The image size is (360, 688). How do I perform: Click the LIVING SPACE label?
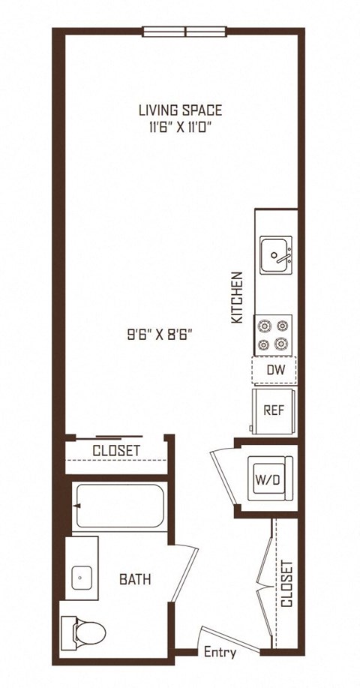click(x=180, y=110)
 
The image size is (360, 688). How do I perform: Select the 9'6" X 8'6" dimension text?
click(x=160, y=335)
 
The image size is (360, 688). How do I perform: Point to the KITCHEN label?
click(x=237, y=298)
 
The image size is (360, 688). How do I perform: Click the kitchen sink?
click(x=276, y=255)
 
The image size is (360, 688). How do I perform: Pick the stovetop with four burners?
click(x=273, y=335)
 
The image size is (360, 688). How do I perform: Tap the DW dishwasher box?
click(x=274, y=371)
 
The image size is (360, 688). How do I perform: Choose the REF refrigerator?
click(x=274, y=411)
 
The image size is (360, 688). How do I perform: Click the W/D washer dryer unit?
click(x=270, y=479)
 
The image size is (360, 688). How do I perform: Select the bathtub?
click(x=119, y=506)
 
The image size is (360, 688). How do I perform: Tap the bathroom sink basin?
click(x=82, y=578)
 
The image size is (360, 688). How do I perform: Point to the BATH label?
click(x=135, y=579)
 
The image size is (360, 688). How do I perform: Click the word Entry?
click(x=220, y=653)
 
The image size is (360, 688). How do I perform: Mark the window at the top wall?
click(x=184, y=32)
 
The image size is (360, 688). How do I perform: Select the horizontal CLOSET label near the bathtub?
click(x=116, y=451)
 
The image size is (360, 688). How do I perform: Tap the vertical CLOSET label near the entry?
click(x=286, y=584)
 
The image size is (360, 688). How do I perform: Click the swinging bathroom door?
click(x=185, y=573)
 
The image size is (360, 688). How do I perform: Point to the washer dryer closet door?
click(x=223, y=476)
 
